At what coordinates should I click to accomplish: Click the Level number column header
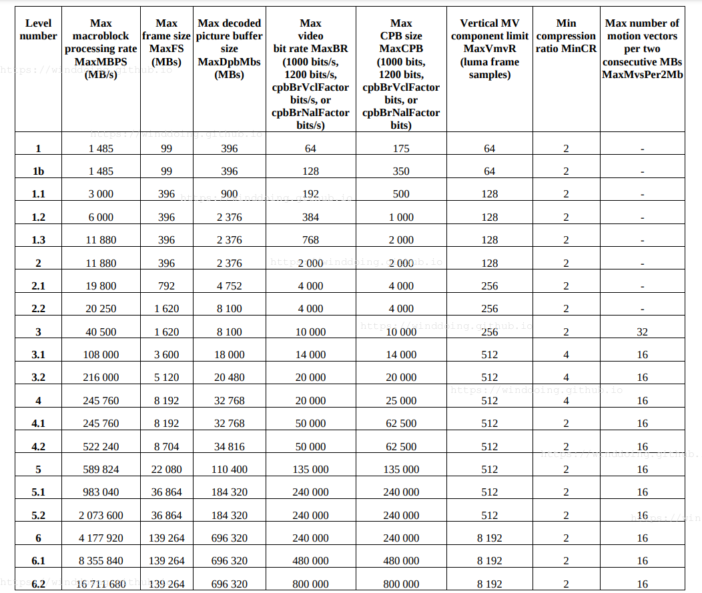pos(38,29)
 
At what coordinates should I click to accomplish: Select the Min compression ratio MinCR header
pos(566,36)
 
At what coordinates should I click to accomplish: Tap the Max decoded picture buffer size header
pos(229,49)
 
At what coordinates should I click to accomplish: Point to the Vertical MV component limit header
pos(489,49)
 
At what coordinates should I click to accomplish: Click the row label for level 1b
pos(38,171)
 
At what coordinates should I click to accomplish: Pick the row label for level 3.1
pos(38,355)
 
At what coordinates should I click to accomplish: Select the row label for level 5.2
pos(38,515)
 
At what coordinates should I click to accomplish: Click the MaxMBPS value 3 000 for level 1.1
pos(101,194)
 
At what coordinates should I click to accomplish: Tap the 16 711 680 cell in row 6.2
pos(101,584)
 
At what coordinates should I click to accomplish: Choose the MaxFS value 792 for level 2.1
pos(166,286)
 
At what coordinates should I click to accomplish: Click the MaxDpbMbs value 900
pos(229,194)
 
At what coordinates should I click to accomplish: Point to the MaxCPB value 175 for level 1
pos(401,149)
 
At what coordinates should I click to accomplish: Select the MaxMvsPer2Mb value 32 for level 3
pos(642,332)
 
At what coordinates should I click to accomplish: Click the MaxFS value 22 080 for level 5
pos(166,470)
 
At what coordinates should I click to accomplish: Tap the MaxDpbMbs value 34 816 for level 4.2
pos(229,447)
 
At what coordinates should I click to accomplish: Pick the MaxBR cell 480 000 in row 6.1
pos(310,561)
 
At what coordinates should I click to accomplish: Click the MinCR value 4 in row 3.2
pos(566,378)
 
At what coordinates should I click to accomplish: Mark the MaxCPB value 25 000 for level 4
pos(401,401)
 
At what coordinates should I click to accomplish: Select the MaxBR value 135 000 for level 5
pos(310,470)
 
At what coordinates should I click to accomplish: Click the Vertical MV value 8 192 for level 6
pos(489,538)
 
